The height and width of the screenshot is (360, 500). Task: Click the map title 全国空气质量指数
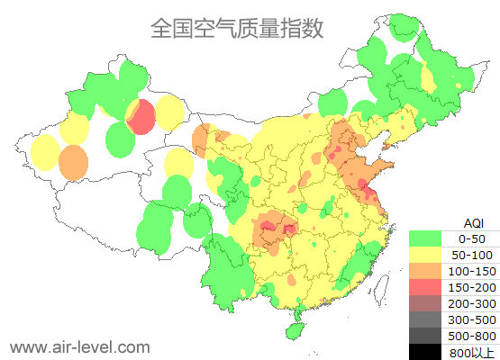[237, 29]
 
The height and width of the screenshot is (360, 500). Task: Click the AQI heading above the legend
[473, 222]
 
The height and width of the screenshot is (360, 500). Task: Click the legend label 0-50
[472, 238]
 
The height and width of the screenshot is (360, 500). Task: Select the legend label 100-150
[472, 271]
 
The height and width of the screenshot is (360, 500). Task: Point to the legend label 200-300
[472, 303]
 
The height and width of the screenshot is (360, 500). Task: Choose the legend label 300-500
[472, 319]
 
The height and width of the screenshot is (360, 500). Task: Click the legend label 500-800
[472, 336]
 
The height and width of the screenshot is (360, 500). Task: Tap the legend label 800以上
[472, 352]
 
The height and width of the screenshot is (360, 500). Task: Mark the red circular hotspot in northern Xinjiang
[140, 117]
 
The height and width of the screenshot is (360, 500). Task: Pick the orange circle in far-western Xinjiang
[74, 162]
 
